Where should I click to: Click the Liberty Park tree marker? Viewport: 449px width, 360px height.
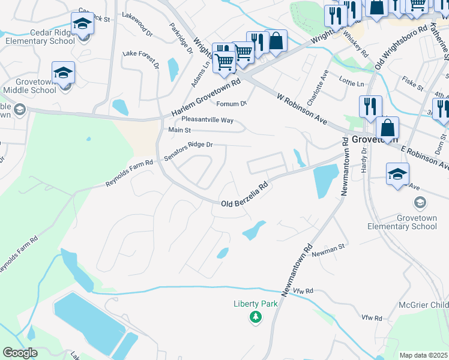(256, 317)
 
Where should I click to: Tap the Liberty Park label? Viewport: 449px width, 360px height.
(256, 304)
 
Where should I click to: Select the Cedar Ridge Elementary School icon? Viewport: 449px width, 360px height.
(82, 25)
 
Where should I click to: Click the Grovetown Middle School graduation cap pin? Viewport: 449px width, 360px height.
(63, 74)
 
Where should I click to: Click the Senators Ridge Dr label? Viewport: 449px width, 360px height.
(188, 151)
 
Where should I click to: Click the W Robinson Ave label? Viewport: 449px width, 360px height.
(301, 108)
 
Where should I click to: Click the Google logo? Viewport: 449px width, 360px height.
(20, 352)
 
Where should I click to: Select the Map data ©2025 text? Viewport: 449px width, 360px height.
(423, 355)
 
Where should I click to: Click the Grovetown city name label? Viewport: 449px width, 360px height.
(375, 139)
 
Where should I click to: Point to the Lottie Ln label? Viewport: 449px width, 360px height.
(352, 83)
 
